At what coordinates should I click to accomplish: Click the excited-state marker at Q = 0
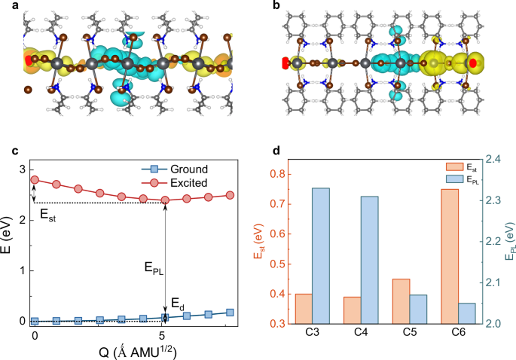(35, 180)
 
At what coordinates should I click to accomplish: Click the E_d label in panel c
(176, 304)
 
